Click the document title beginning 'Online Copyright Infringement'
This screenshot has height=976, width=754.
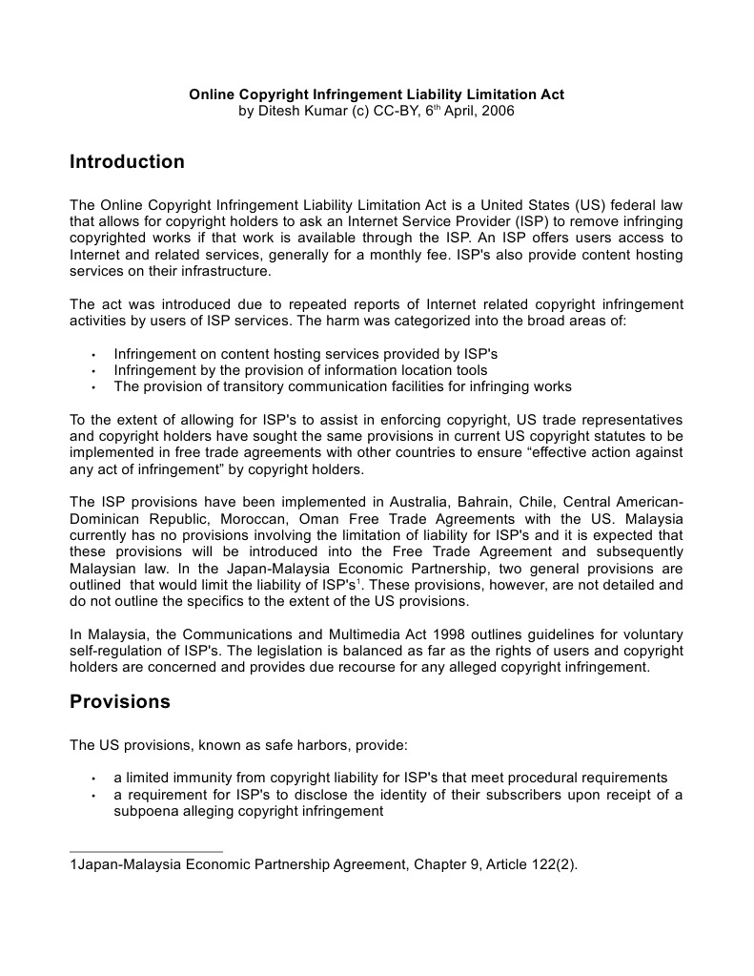pyautogui.click(x=377, y=94)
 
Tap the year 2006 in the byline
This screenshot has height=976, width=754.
pyautogui.click(x=498, y=111)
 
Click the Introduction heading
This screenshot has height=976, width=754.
pyautogui.click(x=127, y=162)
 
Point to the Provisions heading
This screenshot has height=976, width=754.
pyautogui.click(x=120, y=702)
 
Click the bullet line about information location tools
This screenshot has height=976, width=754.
pyautogui.click(x=300, y=370)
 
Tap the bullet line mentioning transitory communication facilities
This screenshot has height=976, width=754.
pyautogui.click(x=342, y=386)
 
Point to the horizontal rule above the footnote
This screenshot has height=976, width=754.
pyautogui.click(x=146, y=851)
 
